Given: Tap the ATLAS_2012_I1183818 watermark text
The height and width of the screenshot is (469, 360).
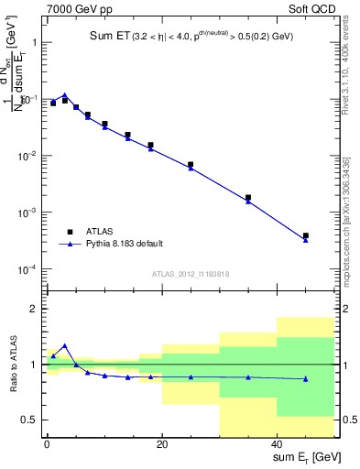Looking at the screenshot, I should (191, 274).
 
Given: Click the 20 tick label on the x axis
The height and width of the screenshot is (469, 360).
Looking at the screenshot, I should (162, 446).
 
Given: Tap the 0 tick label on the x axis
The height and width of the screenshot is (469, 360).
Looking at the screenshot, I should (47, 446).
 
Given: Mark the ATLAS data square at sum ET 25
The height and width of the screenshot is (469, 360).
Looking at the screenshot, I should (191, 164).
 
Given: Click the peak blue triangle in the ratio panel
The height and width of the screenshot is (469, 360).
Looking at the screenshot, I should (64, 345).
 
